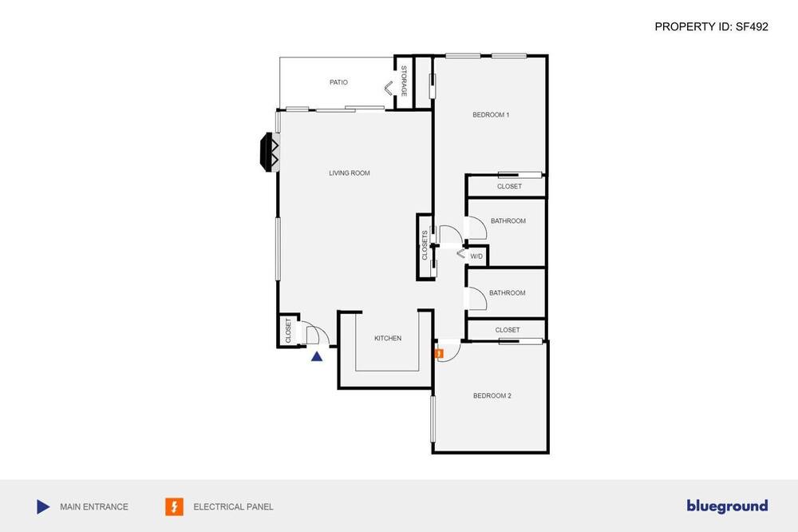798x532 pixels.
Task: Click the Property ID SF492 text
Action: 711,26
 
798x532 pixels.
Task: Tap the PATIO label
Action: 338,82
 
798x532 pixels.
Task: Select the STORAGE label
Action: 404,81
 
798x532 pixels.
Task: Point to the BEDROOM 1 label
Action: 491,115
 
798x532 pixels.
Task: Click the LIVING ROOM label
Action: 350,173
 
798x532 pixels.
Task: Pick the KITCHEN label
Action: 388,339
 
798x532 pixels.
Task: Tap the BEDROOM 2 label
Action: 492,395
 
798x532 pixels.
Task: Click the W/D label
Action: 476,256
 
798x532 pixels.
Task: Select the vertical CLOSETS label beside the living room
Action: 425,245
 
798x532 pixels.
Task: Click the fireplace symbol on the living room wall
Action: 269,153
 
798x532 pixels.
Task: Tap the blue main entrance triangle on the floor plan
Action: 317,357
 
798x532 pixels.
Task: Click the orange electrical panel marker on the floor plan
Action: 439,353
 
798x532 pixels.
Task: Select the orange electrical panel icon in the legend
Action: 174,506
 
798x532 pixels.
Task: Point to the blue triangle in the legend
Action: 43,507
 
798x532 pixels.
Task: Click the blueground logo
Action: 727,506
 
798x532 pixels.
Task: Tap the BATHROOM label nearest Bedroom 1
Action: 508,221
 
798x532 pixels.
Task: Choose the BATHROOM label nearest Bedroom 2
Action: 507,293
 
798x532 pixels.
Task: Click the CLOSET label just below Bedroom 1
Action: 509,186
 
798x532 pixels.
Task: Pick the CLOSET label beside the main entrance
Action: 288,330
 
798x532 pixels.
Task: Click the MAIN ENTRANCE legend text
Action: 94,507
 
